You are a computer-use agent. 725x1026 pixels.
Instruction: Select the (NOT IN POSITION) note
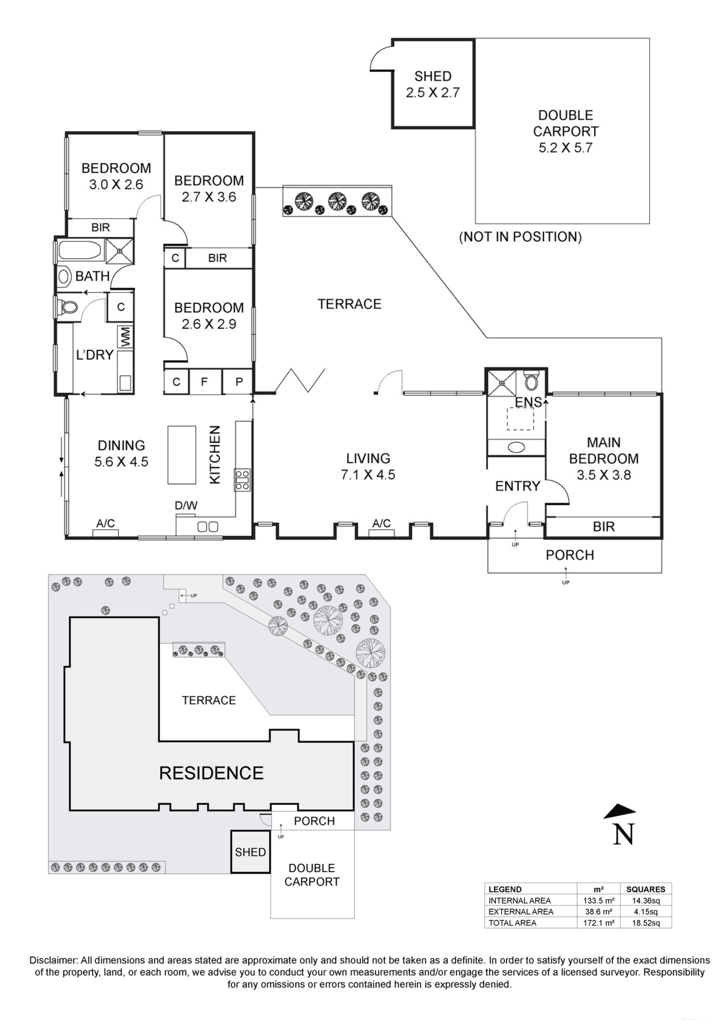click(520, 237)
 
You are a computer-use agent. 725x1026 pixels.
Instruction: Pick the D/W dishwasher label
click(186, 506)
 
